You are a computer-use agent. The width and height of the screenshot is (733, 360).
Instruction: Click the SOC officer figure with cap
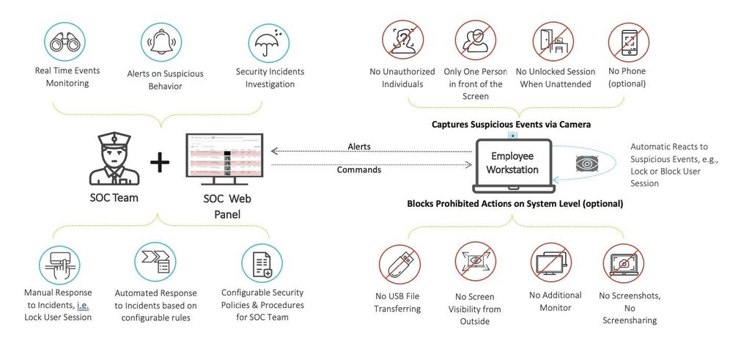pyautogui.click(x=112, y=159)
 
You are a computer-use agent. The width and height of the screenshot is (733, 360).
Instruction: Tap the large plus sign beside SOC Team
pyautogui.click(x=159, y=163)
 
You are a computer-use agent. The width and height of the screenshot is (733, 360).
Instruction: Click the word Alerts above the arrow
pyautogui.click(x=359, y=147)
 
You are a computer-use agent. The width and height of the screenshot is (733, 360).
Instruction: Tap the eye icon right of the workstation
pyautogui.click(x=586, y=163)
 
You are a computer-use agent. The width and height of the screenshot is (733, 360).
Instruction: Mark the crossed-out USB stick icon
pyautogui.click(x=398, y=265)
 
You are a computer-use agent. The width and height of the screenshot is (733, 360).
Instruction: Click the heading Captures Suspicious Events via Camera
pyautogui.click(x=511, y=125)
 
